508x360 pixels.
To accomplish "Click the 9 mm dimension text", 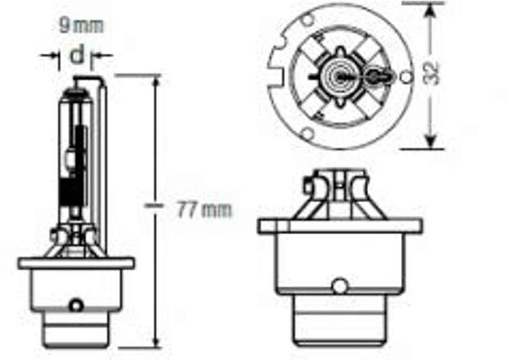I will point(81,25).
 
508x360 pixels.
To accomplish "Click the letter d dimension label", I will point(77,54).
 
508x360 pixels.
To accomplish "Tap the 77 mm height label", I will point(204,210).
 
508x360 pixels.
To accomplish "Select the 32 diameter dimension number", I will point(432,74).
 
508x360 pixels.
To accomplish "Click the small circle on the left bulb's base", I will point(77,305).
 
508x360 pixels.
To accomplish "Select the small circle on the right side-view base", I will point(339,286).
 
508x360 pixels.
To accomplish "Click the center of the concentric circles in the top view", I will point(337,77).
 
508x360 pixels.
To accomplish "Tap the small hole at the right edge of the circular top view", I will point(406,77).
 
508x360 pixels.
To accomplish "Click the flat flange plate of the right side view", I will point(340,226).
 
